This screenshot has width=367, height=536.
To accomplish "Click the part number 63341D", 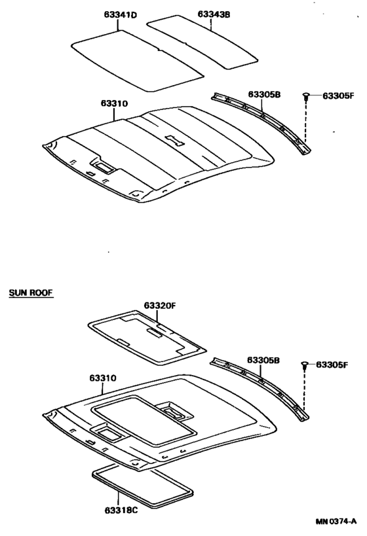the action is coord(121,15).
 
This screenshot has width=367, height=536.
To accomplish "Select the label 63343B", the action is coord(214,14).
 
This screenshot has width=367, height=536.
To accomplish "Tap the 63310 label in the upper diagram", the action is coord(114,103).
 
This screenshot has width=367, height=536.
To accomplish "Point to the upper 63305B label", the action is coord(264,94).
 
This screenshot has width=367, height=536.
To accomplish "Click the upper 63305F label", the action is coord(338,96).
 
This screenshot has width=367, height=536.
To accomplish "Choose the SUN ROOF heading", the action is coord(31,293).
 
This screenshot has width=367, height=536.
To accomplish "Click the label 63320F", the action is coord(159,305).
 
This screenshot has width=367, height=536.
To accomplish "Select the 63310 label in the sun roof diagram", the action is coord(103,378).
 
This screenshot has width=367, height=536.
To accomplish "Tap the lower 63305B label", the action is coord(263,361).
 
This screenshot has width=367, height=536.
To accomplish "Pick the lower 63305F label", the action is coord(332,365).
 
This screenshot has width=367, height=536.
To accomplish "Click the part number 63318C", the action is coord(121,510).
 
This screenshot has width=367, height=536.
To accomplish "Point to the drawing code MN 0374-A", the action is coord(336,522).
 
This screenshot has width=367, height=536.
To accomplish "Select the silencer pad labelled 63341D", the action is coord(137,61).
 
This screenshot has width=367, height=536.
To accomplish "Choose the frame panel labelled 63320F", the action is coord(147,337).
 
